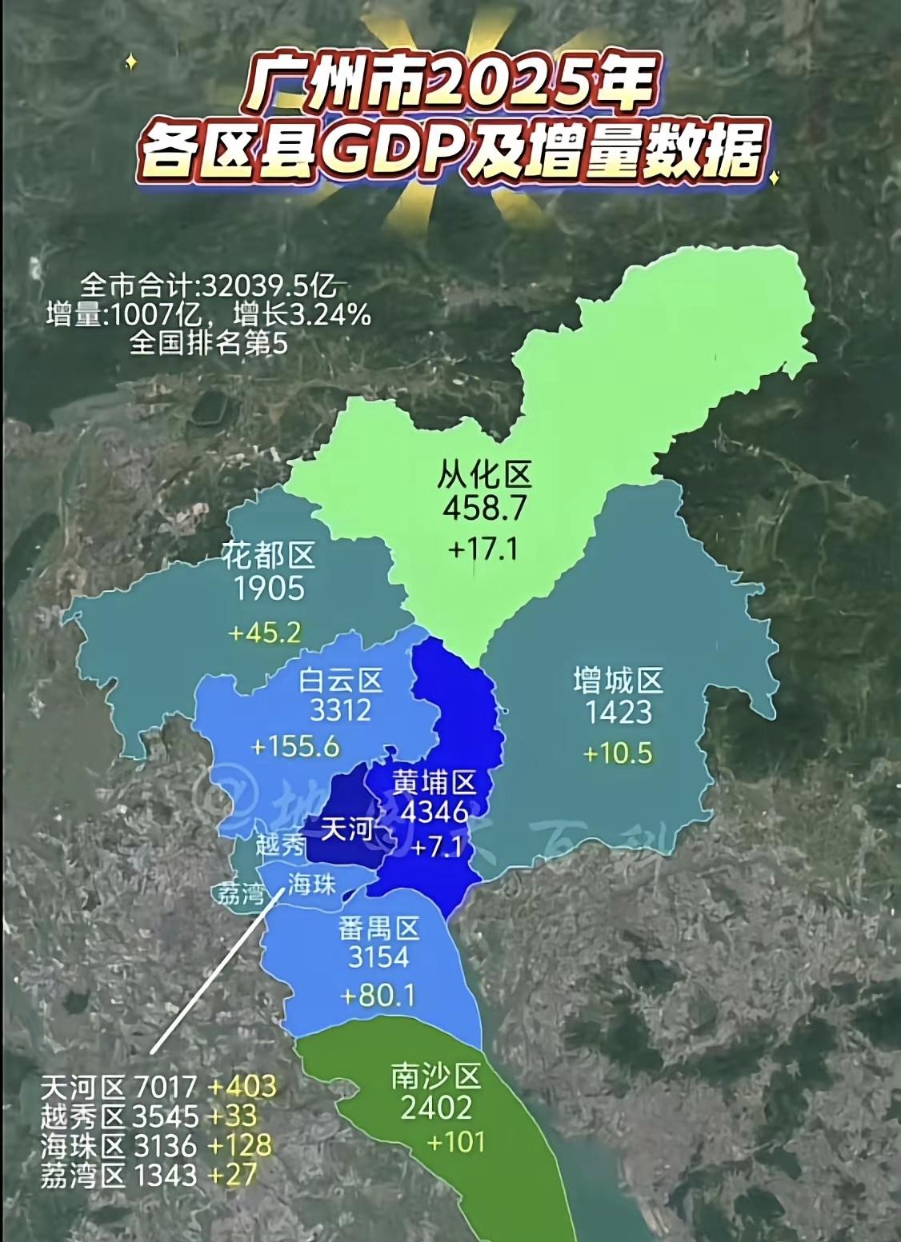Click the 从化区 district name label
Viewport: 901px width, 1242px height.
click(484, 475)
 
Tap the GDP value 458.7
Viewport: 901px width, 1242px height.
click(484, 509)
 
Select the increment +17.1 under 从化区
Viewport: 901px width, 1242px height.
click(483, 549)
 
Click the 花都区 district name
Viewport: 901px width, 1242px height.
click(269, 555)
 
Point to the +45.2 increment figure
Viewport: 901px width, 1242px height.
click(265, 633)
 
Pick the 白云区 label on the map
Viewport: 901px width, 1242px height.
click(341, 681)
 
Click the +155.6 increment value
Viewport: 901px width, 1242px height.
click(295, 747)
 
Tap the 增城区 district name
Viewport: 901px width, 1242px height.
click(619, 681)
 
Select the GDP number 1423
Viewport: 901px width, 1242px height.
click(619, 713)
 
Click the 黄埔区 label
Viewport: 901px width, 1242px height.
click(434, 781)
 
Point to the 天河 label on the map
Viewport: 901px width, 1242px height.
click(347, 829)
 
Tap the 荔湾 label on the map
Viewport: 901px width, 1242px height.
click(240, 893)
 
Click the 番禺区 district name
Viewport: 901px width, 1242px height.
click(378, 928)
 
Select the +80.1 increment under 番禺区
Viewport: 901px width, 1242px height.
click(378, 996)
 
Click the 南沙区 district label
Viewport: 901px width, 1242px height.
click(436, 1077)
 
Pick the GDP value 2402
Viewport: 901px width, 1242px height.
click(436, 1108)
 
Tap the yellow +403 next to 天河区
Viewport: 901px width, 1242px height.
click(242, 1086)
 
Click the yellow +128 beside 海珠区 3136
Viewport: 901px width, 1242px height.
click(240, 1145)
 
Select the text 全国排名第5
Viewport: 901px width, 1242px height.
click(208, 342)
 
